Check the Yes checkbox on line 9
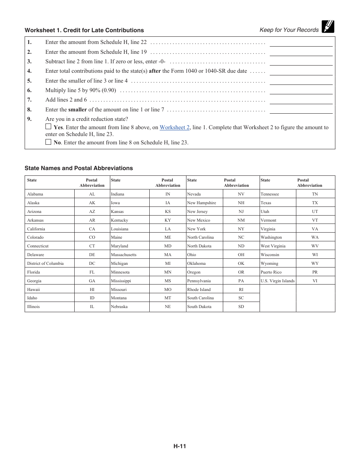click(x=48, y=127)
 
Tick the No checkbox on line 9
click(x=48, y=142)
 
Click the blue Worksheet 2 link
click(x=174, y=128)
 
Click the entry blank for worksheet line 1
click(x=301, y=43)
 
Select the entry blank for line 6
click(x=301, y=91)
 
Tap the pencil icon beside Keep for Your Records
click(x=328, y=27)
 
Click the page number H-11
click(x=180, y=446)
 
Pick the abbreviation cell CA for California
click(x=92, y=229)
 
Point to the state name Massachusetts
click(x=124, y=255)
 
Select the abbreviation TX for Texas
click(x=315, y=203)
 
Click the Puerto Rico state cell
click(x=271, y=272)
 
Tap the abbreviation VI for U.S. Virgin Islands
click(x=315, y=281)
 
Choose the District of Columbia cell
click(x=45, y=264)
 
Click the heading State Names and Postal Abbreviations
click(x=79, y=168)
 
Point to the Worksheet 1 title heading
click(x=84, y=30)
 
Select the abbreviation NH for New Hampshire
click(x=241, y=203)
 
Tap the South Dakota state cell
click(x=199, y=307)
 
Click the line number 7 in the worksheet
click(x=29, y=100)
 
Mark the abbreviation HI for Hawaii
click(x=92, y=290)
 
